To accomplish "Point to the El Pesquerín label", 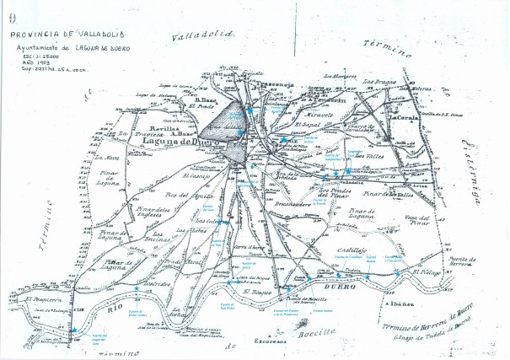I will pos(41,299).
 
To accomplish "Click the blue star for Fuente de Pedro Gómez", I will pos(137,290).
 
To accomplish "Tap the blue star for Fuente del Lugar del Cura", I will pos(74,330).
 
